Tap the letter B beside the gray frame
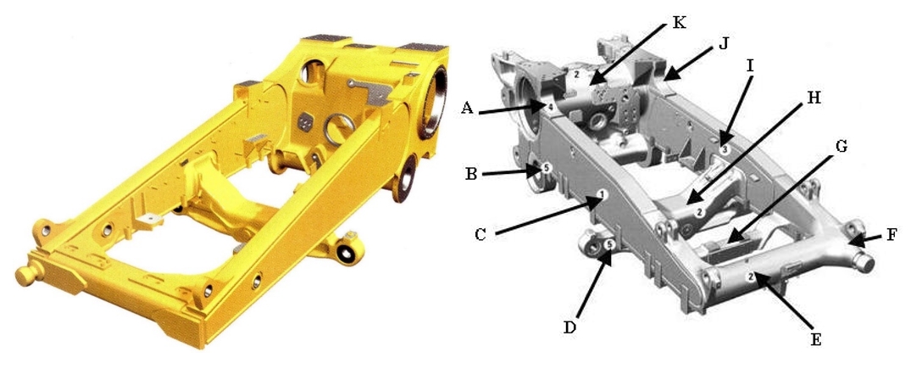click(471, 173)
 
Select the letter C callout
click(480, 234)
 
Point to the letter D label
click(570, 327)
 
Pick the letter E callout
click(816, 339)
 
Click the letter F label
click(892, 235)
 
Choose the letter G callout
click(840, 147)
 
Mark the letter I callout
click(750, 66)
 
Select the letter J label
click(723, 42)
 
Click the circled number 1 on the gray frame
click(603, 193)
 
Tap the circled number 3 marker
click(724, 149)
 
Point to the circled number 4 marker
click(548, 106)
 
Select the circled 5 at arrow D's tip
click(608, 244)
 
